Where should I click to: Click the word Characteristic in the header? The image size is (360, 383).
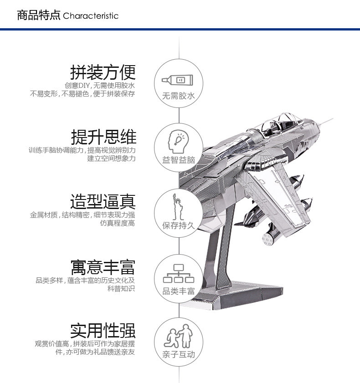[91, 16]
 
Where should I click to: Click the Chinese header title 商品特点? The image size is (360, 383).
[39, 15]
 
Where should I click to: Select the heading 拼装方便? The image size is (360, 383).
[103, 72]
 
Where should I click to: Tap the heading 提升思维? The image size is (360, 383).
[103, 137]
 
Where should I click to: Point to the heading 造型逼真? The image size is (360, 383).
[103, 201]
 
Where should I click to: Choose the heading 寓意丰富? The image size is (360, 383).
[103, 267]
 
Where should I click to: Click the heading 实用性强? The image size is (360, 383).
[103, 331]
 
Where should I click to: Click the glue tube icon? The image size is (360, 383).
[177, 80]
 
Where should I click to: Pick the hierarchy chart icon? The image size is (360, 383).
[179, 274]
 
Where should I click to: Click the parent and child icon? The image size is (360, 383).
[179, 336]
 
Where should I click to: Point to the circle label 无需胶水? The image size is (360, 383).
[179, 96]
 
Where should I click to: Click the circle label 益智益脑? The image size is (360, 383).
[179, 160]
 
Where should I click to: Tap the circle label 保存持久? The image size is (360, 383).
[179, 225]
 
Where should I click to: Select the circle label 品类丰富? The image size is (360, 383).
[179, 291]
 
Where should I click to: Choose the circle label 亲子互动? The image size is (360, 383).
[179, 354]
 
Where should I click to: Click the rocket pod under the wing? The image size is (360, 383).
[271, 235]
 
